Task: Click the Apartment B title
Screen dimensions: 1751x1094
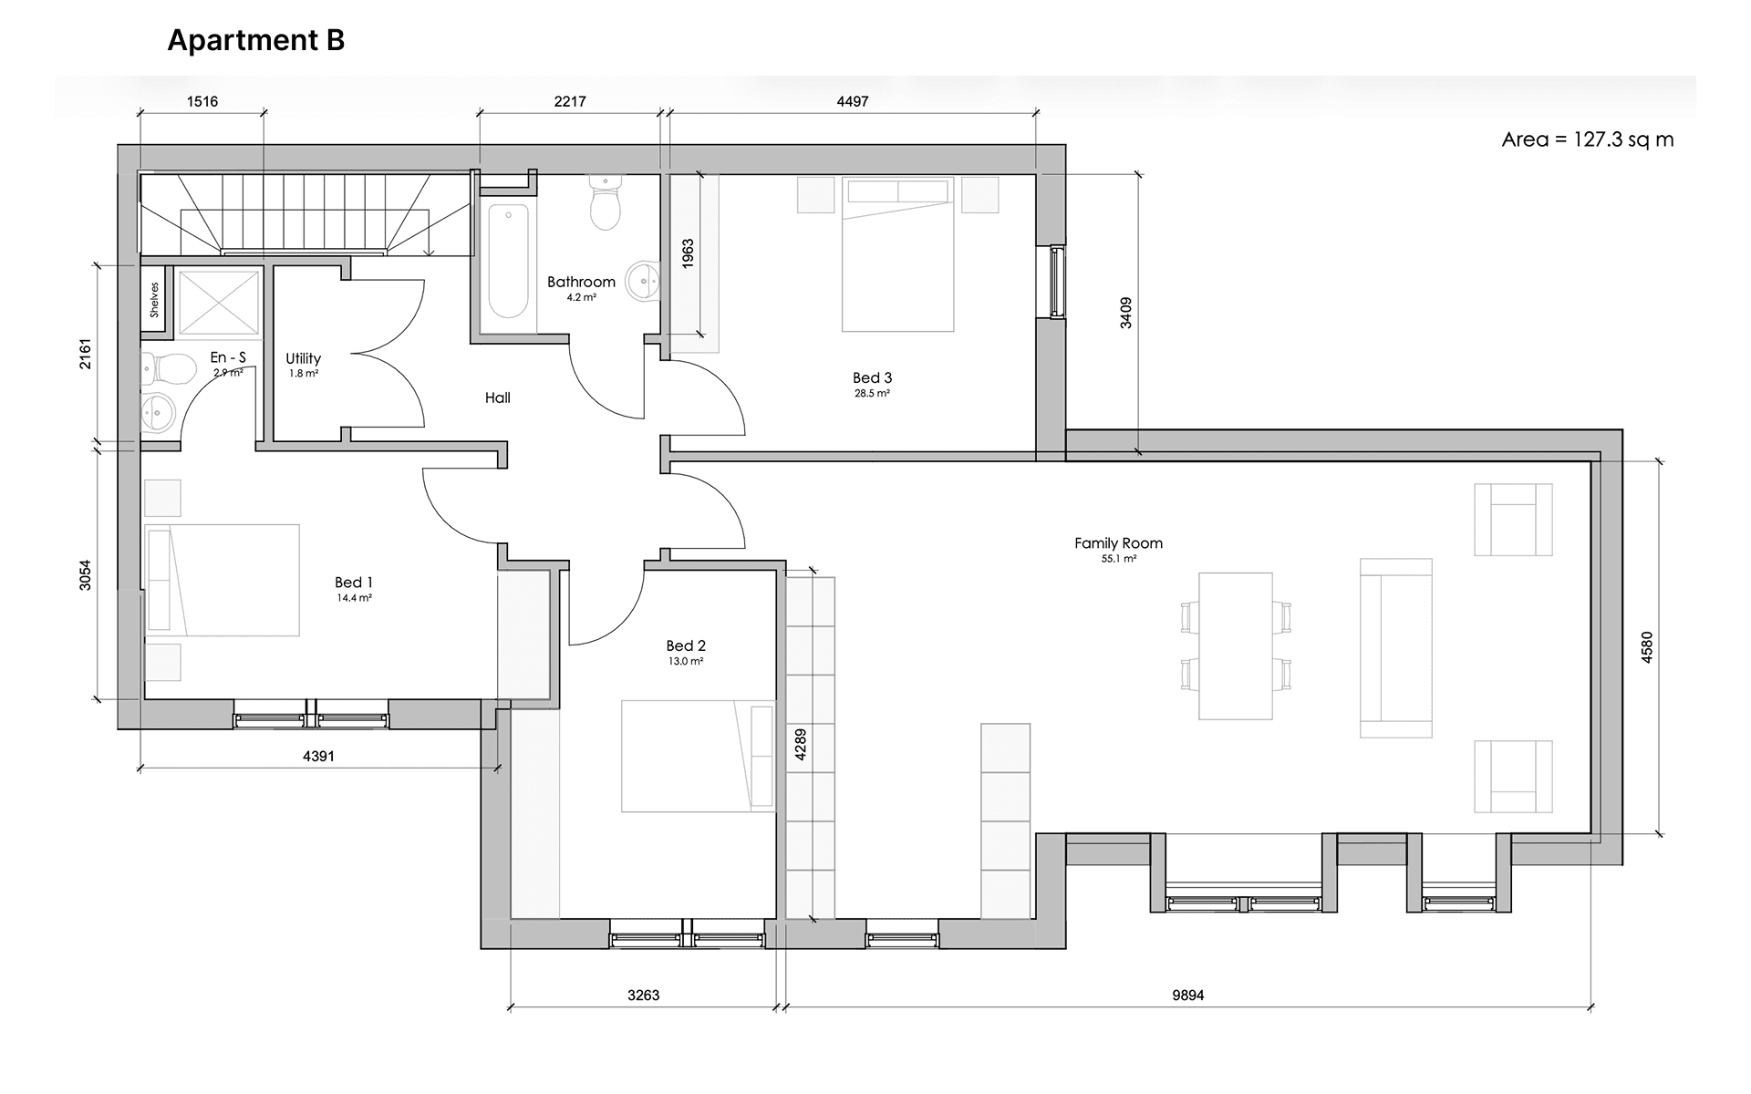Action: pyautogui.click(x=256, y=41)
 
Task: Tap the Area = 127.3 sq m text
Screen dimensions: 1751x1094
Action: pyautogui.click(x=1588, y=139)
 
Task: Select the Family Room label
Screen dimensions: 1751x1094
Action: pyautogui.click(x=1118, y=543)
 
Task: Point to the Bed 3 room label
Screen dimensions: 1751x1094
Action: pyautogui.click(x=872, y=377)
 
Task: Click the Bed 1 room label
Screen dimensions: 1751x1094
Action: pyautogui.click(x=354, y=583)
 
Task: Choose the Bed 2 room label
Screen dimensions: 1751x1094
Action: pyautogui.click(x=686, y=646)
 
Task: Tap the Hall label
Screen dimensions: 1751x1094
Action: pyautogui.click(x=498, y=397)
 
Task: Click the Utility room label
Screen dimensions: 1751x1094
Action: pyautogui.click(x=303, y=359)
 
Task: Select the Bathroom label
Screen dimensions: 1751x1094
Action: pyautogui.click(x=581, y=282)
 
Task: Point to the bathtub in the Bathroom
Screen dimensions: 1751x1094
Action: pyautogui.click(x=508, y=262)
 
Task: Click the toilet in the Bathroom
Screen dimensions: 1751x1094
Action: pyautogui.click(x=606, y=202)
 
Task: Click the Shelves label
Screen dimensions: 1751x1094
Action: pyautogui.click(x=155, y=299)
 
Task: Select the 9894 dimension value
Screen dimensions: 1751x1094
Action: pyautogui.click(x=1188, y=996)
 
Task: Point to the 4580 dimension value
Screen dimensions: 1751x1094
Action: pyautogui.click(x=1646, y=646)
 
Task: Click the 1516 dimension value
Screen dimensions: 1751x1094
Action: pyautogui.click(x=202, y=102)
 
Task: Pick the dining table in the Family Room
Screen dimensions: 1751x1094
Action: pyautogui.click(x=1236, y=645)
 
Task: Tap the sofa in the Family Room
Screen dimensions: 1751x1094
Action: pyautogui.click(x=1395, y=647)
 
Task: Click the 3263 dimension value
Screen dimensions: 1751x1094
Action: pyautogui.click(x=643, y=996)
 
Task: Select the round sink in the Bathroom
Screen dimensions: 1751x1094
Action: pyautogui.click(x=646, y=282)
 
